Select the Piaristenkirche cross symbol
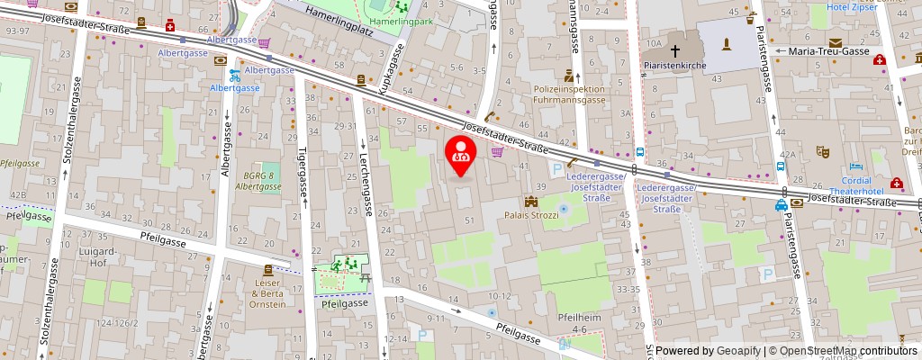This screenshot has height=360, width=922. point(675,50)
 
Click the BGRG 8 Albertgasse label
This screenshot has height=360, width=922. point(256,182)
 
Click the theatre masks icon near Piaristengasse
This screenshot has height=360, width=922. point(820,152)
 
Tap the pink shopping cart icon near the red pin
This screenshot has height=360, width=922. point(496,152)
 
